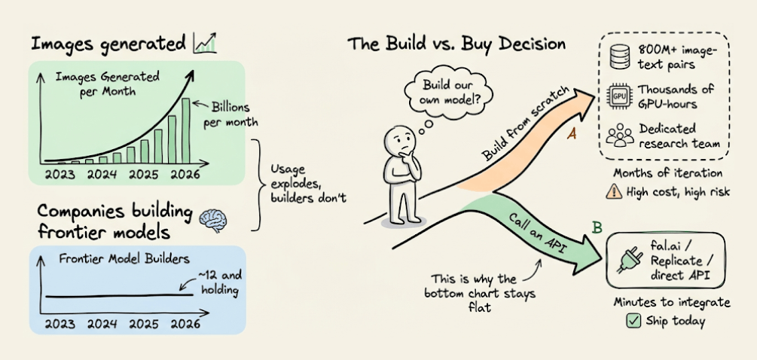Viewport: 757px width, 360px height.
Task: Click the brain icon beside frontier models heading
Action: pyautogui.click(x=215, y=218)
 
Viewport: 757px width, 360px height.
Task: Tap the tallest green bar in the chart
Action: pyautogui.click(x=185, y=130)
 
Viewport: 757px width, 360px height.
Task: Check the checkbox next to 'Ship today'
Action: pyautogui.click(x=633, y=322)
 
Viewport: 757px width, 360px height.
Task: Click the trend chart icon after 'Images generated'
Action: pyautogui.click(x=204, y=44)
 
